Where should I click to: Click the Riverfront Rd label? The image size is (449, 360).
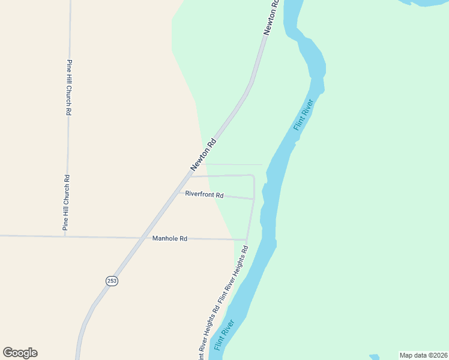point(204,195)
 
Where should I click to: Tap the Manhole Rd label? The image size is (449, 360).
point(170,238)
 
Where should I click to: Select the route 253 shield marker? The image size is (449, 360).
point(112,281)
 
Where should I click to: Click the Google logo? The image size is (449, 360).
point(20,353)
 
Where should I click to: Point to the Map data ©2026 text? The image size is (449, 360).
point(424,355)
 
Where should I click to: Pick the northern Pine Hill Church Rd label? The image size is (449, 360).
point(70,88)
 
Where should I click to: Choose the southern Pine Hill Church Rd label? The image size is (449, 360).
point(67,203)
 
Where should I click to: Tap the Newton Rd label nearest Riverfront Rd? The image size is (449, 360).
point(203,155)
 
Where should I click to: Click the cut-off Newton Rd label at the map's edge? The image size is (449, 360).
point(271,17)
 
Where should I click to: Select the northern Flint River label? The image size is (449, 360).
point(304,115)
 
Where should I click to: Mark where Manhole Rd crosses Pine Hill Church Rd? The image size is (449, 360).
point(65,236)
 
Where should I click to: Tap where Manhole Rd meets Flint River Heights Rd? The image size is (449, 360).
point(247,239)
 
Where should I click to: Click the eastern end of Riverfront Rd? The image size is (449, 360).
point(254,199)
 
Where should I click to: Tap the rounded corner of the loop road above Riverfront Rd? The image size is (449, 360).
point(252,176)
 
